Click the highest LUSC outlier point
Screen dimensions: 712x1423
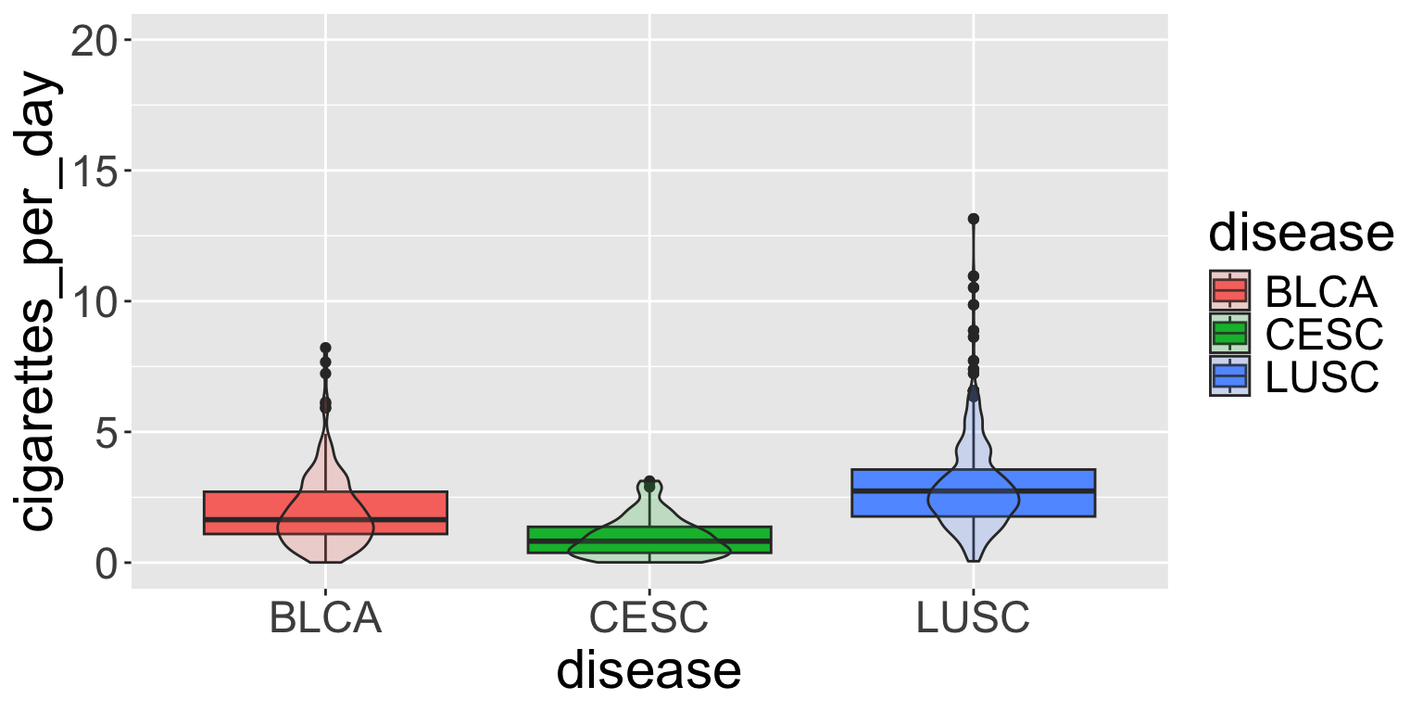(x=973, y=219)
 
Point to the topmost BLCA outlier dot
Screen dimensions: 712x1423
(x=325, y=348)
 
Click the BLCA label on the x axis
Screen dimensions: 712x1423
(x=325, y=619)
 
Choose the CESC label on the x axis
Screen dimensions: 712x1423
(x=649, y=619)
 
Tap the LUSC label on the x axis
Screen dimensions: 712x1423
(x=973, y=619)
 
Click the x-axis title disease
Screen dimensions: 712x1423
(x=649, y=670)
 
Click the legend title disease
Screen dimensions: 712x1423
(x=1301, y=234)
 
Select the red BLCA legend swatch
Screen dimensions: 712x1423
(x=1229, y=291)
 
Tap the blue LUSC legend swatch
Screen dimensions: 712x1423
(x=1229, y=375)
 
